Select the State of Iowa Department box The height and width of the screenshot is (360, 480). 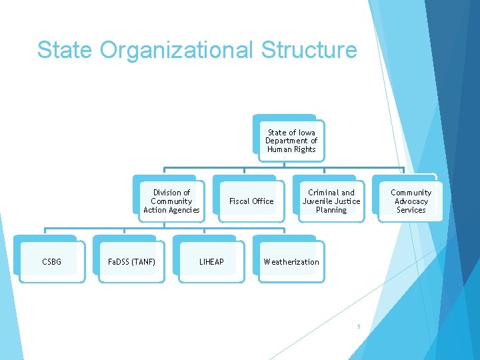291,141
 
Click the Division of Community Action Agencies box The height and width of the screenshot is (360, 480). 171,201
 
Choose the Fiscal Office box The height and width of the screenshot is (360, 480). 251,201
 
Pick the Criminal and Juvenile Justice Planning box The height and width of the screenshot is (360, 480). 331,201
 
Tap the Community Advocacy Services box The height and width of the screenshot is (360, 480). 411,201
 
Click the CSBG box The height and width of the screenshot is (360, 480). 51,262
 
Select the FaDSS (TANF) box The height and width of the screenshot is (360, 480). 131,262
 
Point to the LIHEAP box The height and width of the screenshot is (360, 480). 211,262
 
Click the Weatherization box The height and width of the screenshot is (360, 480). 291,262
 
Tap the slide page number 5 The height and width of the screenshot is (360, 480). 358,327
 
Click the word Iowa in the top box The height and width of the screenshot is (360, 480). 306,133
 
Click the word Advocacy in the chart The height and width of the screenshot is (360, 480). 411,201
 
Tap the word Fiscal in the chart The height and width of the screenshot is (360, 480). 239,201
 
